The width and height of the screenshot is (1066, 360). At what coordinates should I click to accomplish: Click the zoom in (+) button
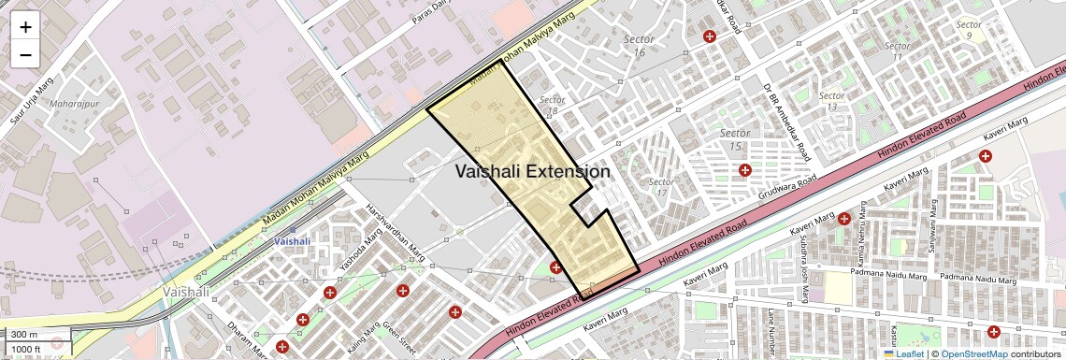pyautogui.click(x=25, y=27)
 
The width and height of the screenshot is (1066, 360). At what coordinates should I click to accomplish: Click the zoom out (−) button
pyautogui.click(x=25, y=55)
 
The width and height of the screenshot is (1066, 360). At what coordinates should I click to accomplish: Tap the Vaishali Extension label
pyautogui.click(x=533, y=172)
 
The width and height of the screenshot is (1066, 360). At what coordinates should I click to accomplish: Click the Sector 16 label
pyautogui.click(x=641, y=46)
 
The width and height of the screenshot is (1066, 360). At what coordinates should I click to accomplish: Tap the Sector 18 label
pyautogui.click(x=553, y=105)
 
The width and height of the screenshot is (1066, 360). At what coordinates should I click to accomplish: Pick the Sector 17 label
pyautogui.click(x=662, y=187)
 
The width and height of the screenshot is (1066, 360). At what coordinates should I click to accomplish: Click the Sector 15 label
pyautogui.click(x=736, y=140)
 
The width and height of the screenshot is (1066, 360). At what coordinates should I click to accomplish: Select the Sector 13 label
pyautogui.click(x=831, y=101)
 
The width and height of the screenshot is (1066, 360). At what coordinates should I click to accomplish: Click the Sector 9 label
pyautogui.click(x=970, y=30)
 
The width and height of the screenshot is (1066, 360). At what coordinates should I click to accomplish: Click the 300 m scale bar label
pyautogui.click(x=24, y=335)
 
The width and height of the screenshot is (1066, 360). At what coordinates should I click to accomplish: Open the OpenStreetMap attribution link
pyautogui.click(x=973, y=354)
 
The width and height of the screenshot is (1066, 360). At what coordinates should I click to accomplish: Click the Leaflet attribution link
pyautogui.click(x=903, y=354)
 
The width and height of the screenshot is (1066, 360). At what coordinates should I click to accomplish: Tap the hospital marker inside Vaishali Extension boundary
pyautogui.click(x=555, y=267)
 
